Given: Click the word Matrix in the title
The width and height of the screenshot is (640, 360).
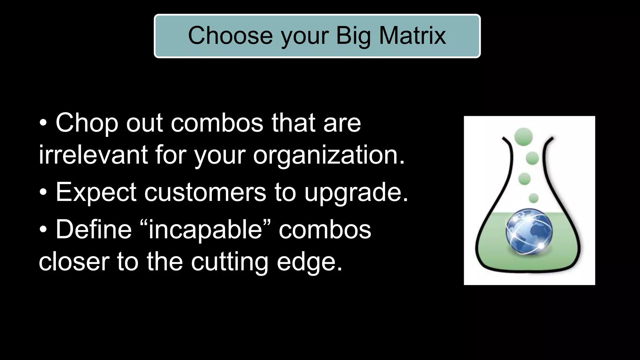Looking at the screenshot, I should pos(412,35).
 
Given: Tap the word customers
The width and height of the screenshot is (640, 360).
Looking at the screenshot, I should pos(205,192).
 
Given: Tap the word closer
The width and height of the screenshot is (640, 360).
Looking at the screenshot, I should pos(74,262).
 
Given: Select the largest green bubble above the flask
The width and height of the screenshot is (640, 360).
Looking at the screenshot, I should pos(523,137).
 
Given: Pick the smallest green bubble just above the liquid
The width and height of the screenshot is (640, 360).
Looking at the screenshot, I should pos(533,198).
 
